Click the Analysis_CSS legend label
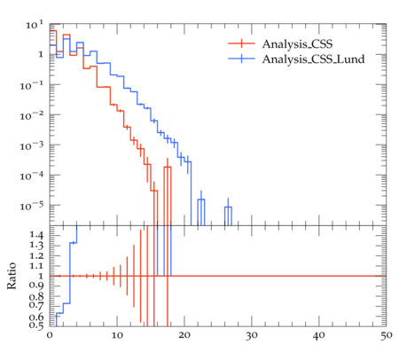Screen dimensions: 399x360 [297, 44]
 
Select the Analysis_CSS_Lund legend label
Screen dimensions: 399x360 [313, 59]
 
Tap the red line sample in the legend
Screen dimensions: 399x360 [241, 43]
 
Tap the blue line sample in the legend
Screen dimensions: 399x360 [241, 59]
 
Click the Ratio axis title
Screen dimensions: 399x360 [12, 276]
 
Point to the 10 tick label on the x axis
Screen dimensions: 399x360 [117, 336]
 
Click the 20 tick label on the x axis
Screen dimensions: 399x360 [184, 336]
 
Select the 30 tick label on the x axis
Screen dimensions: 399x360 [252, 336]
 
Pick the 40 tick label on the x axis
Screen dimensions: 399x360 [319, 336]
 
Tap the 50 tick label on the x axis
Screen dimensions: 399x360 [387, 336]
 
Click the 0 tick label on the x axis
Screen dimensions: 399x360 [50, 336]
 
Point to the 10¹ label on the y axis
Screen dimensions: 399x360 [35, 25]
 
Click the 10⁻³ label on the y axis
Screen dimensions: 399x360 [32, 145]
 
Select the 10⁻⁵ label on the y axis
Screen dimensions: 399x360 [32, 206]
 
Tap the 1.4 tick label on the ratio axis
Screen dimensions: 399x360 [36, 235]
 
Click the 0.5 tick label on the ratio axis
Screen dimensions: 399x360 [36, 325]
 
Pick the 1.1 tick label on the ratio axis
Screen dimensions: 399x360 [36, 266]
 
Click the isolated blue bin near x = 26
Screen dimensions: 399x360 [228, 215]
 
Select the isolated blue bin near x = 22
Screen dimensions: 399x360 [201, 212]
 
